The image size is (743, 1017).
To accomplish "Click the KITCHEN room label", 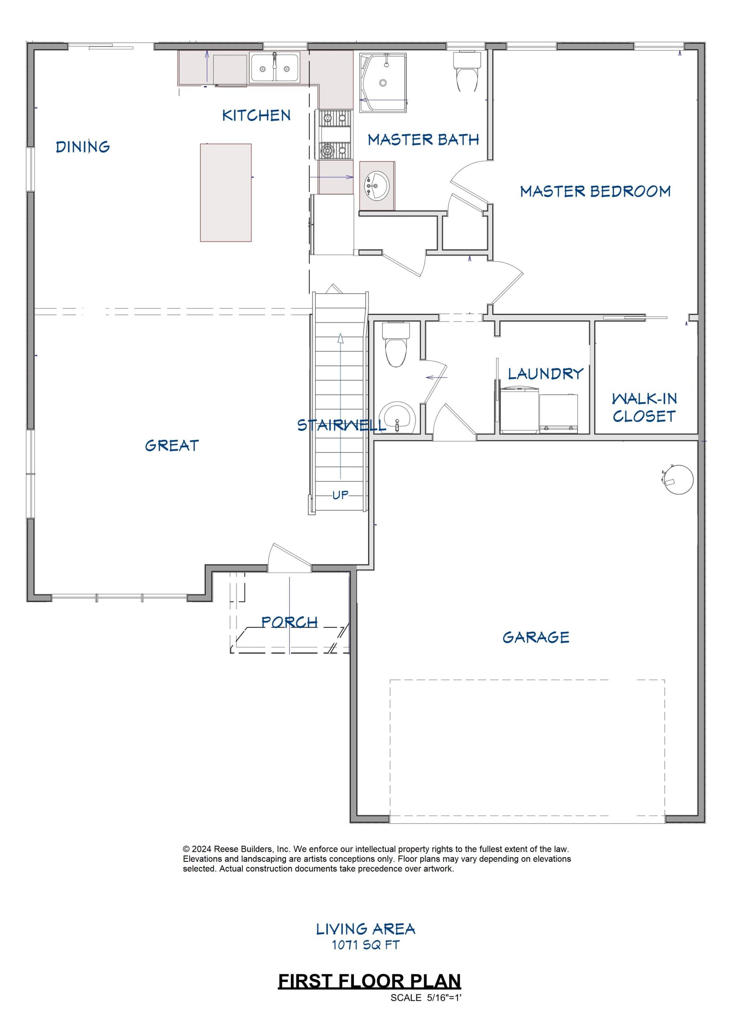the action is pyautogui.click(x=256, y=115).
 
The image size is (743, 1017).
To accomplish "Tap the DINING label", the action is pyautogui.click(x=83, y=147).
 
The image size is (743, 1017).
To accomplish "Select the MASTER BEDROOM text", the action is pyautogui.click(x=596, y=191).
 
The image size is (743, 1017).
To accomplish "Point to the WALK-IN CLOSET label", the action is pyautogui.click(x=644, y=407).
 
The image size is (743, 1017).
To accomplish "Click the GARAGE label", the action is pyautogui.click(x=536, y=637).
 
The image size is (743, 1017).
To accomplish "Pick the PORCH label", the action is pyautogui.click(x=290, y=622).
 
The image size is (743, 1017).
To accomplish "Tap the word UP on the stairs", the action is pyautogui.click(x=340, y=495).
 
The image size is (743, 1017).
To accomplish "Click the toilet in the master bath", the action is pyautogui.click(x=467, y=71).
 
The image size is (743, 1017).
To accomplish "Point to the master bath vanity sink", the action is pyautogui.click(x=377, y=186).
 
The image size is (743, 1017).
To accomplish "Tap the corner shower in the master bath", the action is pyautogui.click(x=384, y=79).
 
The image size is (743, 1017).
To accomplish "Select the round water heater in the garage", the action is pyautogui.click(x=678, y=479).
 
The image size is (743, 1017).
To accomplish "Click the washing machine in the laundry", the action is pyautogui.click(x=519, y=410).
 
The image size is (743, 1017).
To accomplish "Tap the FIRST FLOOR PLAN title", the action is pyautogui.click(x=370, y=990).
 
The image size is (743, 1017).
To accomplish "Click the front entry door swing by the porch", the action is pyautogui.click(x=289, y=558).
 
